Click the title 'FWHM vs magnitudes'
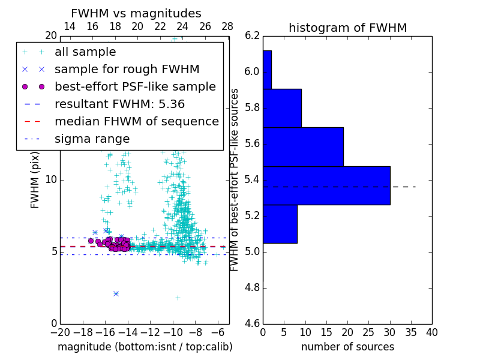[x=136, y=13]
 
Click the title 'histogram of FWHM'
[x=347, y=28]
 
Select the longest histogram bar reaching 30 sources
[x=326, y=185]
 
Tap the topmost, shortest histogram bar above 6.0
[x=267, y=70]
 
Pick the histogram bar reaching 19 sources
[x=303, y=146]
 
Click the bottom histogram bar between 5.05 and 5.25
[x=280, y=224]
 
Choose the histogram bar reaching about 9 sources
[x=282, y=108]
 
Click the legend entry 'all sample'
[x=85, y=52]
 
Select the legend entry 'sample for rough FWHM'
[x=127, y=70]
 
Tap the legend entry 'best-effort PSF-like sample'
[x=135, y=87]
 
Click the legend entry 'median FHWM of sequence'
[x=136, y=122]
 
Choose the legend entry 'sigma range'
[x=92, y=139]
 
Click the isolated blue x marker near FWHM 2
[x=116, y=293]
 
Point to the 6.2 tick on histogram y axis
[x=252, y=36]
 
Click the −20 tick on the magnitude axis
[x=60, y=332]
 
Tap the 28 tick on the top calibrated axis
[x=227, y=26]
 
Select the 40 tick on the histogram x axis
[x=431, y=332]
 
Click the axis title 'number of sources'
[x=347, y=347]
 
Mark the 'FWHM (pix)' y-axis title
[x=35, y=179]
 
